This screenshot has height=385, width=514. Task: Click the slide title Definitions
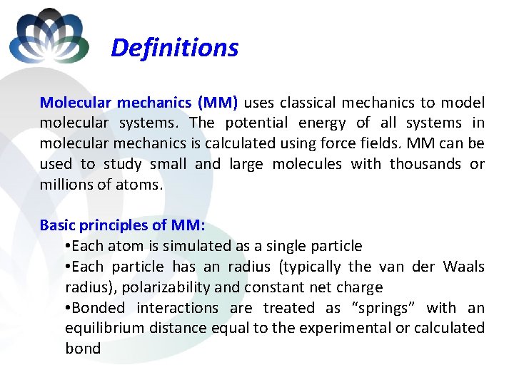tap(175, 48)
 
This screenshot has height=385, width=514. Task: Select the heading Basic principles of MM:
tap(122, 225)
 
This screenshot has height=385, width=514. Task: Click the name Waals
tap(463, 267)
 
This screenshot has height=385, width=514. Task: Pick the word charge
tap(359, 287)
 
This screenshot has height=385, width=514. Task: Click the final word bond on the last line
tap(83, 349)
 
